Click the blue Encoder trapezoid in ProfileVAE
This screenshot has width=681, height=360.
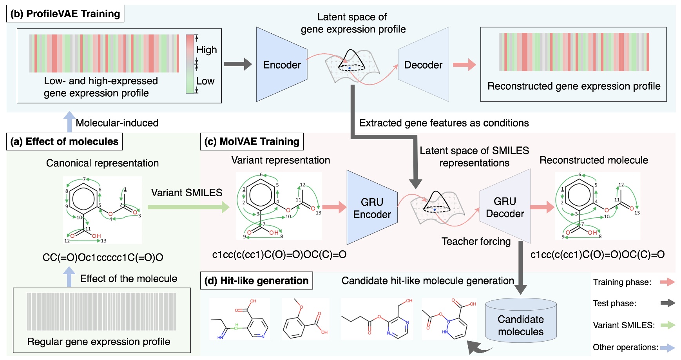[x=281, y=65]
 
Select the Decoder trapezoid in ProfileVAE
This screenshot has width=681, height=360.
[x=424, y=65]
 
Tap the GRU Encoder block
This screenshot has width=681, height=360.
[x=371, y=208]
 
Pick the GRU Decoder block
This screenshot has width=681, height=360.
[x=505, y=207]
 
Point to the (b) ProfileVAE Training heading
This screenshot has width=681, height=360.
[x=65, y=14]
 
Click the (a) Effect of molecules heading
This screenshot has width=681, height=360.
[x=64, y=141]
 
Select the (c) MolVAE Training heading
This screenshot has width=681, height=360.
[x=252, y=141]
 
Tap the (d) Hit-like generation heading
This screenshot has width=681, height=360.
[x=256, y=280]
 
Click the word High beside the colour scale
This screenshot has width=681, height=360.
[x=206, y=50]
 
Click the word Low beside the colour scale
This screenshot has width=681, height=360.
[x=205, y=81]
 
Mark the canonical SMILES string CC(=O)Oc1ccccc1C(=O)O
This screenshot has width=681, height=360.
[x=103, y=257]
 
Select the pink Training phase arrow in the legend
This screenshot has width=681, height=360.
[x=667, y=282]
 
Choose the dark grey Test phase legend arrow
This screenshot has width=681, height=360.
[x=667, y=303]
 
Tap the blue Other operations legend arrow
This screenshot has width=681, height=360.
[x=667, y=347]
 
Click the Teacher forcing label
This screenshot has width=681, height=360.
[x=476, y=241]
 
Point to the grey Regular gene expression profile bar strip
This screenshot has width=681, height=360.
[x=101, y=311]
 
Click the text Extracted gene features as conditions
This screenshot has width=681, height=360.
[x=444, y=123]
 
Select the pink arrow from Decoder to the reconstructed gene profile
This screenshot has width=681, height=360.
[x=464, y=65]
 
